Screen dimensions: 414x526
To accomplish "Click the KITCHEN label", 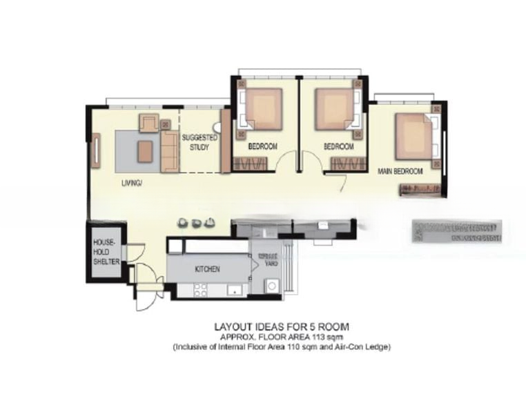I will click(x=207, y=269).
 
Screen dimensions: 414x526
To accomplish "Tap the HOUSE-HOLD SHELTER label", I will click(x=107, y=253).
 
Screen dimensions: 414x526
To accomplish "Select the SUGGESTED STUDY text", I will click(x=199, y=143).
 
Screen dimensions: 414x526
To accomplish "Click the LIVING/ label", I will click(x=131, y=183).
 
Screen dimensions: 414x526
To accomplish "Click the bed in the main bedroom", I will click(x=413, y=135).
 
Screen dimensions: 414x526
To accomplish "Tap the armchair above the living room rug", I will click(x=149, y=124).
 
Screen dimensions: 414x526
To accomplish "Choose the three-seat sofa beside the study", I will click(x=169, y=152).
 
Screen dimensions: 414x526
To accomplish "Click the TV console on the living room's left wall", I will click(x=97, y=152).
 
